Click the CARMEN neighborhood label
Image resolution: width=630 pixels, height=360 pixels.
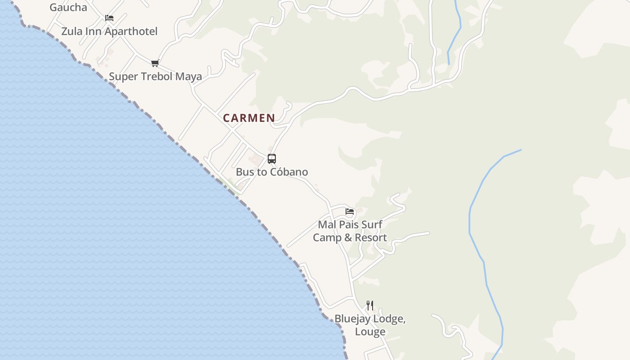[x=249, y=118]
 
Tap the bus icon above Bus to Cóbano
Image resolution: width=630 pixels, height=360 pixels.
[x=272, y=158]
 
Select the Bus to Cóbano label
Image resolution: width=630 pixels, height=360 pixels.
[x=272, y=172]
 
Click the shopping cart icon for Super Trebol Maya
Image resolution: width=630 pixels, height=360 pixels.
[x=155, y=63]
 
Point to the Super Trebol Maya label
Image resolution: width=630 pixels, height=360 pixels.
[x=155, y=76]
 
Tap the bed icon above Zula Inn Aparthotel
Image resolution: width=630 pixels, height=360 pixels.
[x=109, y=18]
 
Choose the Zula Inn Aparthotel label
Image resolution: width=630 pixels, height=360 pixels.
[x=109, y=31]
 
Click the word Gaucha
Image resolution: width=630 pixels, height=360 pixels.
[x=68, y=7]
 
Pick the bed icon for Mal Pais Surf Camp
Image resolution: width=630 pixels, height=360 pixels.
[x=350, y=211]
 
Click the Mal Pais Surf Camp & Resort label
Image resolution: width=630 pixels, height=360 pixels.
[x=350, y=231]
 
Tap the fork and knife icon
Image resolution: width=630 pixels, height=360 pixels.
[x=370, y=306]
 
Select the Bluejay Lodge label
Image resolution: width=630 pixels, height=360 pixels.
[x=370, y=319]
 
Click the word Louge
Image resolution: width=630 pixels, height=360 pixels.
[x=370, y=332]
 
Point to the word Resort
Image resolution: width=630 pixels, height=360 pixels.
[x=371, y=238]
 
